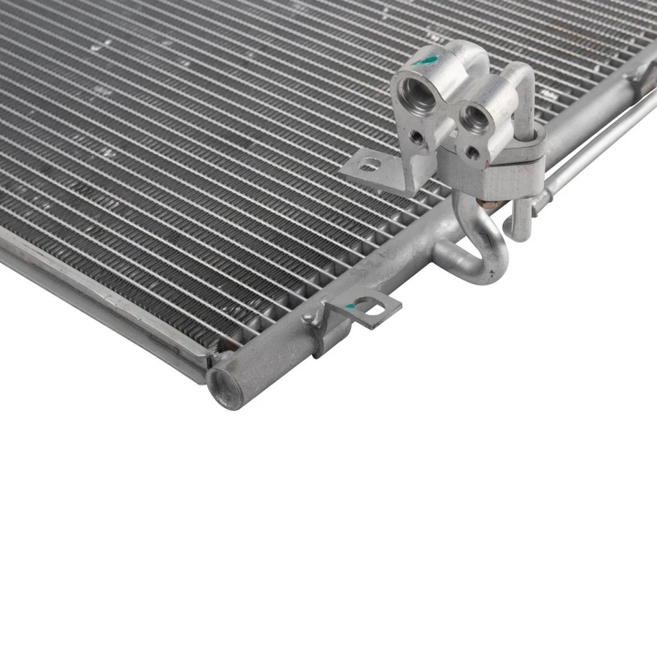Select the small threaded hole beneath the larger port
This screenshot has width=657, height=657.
(416, 136)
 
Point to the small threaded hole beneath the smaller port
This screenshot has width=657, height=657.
(472, 153)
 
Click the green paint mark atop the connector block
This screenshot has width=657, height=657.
(429, 60)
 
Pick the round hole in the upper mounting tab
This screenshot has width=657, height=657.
(370, 164)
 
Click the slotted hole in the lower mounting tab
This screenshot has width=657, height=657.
(374, 310)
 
